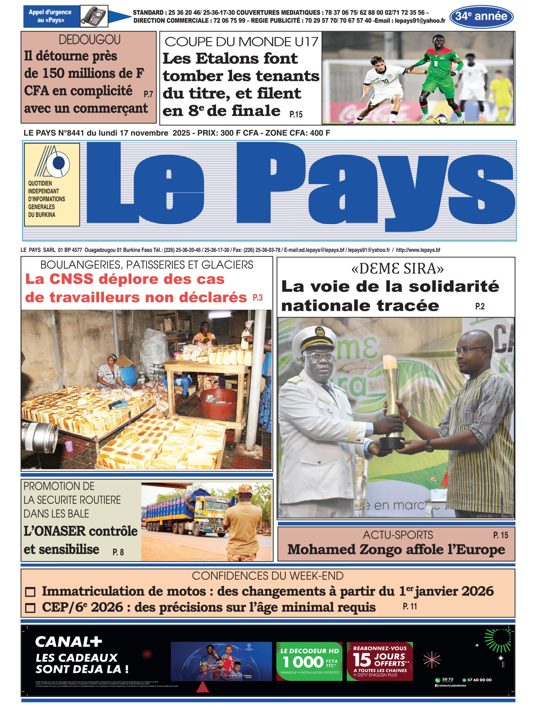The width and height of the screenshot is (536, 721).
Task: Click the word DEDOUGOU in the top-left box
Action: click(x=90, y=40)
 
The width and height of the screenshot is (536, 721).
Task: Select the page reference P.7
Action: click(x=148, y=94)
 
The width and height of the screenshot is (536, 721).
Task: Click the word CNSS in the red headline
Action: click(x=71, y=279)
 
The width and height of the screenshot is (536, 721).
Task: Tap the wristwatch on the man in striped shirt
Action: click(x=429, y=446)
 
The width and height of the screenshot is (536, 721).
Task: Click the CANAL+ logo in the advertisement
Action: click(x=68, y=642)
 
